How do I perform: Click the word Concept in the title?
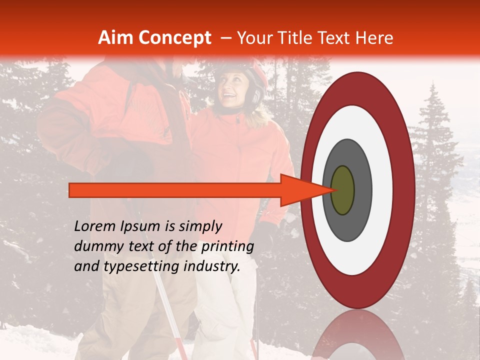(x=174, y=38)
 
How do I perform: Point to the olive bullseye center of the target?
(x=343, y=190)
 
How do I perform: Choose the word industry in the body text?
(x=211, y=266)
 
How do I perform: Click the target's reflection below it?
(x=357, y=335)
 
